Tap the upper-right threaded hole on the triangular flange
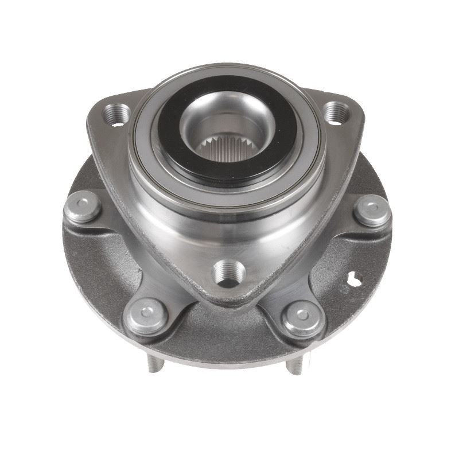coord(337,112)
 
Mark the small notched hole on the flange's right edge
coord(355,279)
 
